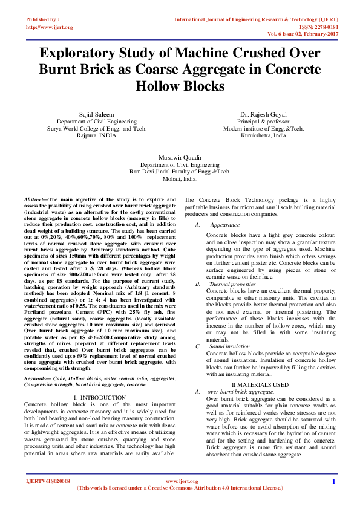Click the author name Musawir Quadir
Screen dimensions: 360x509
click(x=180, y=156)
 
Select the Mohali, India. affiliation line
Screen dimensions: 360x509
click(x=180, y=179)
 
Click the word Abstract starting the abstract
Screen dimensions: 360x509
click(x=34, y=199)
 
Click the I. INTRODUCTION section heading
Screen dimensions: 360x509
click(x=99, y=397)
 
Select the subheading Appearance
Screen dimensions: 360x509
click(x=224, y=225)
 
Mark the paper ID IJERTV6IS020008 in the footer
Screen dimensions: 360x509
click(x=48, y=481)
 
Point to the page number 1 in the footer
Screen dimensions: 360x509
click(x=333, y=481)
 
